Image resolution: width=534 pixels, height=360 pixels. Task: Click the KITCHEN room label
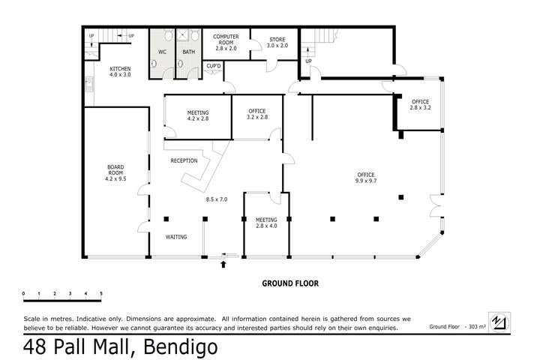pyautogui.click(x=120, y=71)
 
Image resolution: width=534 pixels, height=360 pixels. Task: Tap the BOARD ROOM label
pyautogui.click(x=115, y=174)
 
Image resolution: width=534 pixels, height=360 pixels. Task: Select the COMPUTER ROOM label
pyautogui.click(x=226, y=41)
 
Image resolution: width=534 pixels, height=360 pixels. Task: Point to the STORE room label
pyautogui.click(x=277, y=42)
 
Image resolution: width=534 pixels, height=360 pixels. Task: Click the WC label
pyautogui.click(x=161, y=52)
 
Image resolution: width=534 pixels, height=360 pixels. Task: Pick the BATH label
pyautogui.click(x=187, y=52)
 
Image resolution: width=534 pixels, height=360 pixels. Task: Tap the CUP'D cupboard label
pyautogui.click(x=214, y=67)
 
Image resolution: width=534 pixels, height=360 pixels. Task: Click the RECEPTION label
pyautogui.click(x=184, y=160)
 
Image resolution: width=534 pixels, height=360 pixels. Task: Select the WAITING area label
pyautogui.click(x=175, y=237)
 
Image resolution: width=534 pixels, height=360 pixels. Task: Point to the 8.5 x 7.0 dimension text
pyautogui.click(x=217, y=199)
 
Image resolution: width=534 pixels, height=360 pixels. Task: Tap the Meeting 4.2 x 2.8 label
pyautogui.click(x=197, y=115)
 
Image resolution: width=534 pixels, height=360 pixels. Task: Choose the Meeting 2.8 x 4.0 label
pyautogui.click(x=266, y=223)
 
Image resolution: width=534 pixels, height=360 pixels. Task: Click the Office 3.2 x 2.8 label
pyautogui.click(x=257, y=115)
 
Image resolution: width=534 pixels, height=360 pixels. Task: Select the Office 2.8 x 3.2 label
pyautogui.click(x=420, y=105)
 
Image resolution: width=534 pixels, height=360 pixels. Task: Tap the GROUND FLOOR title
pyautogui.click(x=290, y=284)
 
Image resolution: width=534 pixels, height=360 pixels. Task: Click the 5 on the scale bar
pyautogui.click(x=101, y=293)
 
